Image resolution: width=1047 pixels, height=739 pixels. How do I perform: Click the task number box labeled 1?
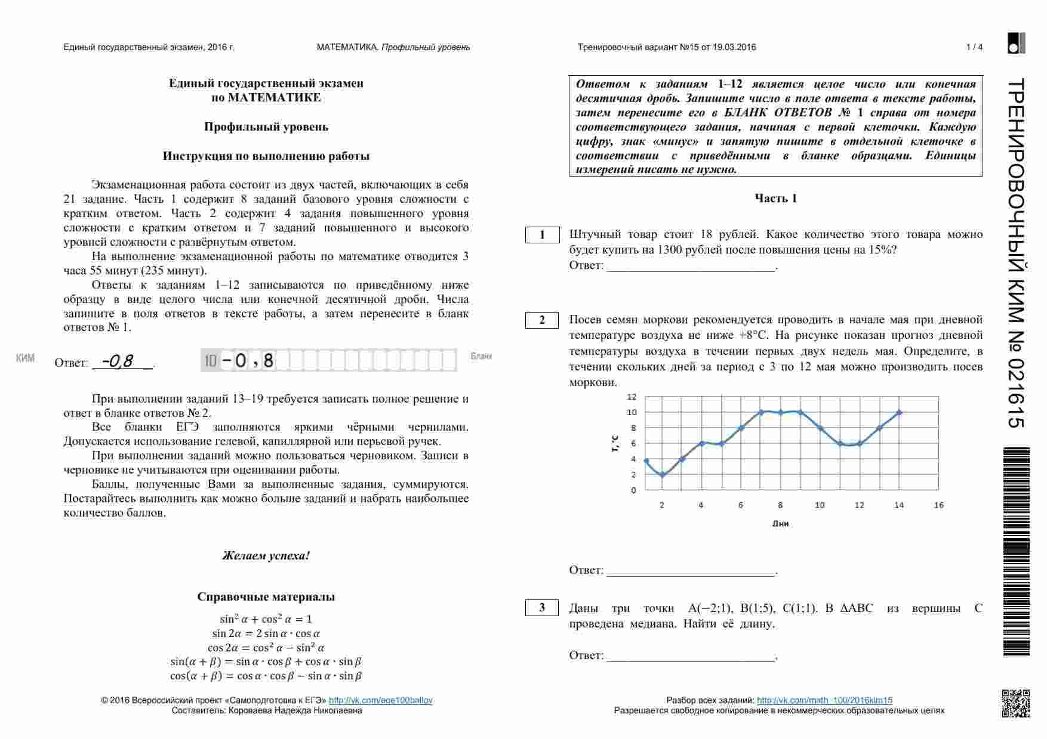(542, 235)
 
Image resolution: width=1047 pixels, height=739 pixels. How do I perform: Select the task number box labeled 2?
(542, 320)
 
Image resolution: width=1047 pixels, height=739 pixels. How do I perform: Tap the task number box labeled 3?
(542, 608)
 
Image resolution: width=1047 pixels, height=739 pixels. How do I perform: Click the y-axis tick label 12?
(632, 397)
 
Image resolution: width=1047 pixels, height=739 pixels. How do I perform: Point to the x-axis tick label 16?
(938, 505)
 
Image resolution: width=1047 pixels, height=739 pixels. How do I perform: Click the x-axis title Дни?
(780, 524)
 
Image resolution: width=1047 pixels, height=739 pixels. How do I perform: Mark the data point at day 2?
(662, 475)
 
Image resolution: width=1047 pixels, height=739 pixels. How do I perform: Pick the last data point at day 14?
(899, 413)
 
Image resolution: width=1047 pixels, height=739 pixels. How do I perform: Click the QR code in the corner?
(1015, 703)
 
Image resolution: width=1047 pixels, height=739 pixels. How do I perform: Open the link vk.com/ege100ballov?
(380, 700)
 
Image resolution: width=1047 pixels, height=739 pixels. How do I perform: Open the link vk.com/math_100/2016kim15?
(824, 700)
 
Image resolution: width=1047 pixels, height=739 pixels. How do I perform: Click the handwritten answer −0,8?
(118, 361)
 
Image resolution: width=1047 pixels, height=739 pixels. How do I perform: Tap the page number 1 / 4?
(974, 47)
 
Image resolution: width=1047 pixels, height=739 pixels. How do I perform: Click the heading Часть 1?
(775, 199)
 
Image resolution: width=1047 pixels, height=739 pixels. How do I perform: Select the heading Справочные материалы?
(266, 597)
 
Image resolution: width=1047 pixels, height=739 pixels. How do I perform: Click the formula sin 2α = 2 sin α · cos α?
(266, 633)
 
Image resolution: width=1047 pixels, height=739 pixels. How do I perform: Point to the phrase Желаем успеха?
(266, 556)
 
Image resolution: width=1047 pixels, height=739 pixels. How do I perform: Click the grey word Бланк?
(481, 356)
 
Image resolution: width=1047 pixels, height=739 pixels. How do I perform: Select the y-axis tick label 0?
(634, 490)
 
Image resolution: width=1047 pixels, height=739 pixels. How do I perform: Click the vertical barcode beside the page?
(1016, 552)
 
